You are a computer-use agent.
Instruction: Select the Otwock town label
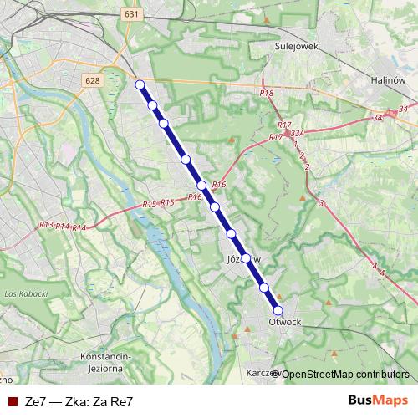pos(285,321)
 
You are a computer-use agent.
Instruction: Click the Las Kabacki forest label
pos(23,295)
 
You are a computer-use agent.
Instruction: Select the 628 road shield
pos(93,79)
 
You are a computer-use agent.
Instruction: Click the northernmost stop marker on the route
pos(140,84)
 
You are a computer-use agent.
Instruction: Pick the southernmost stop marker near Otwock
pos(278,310)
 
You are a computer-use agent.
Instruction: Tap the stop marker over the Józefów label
pos(247,257)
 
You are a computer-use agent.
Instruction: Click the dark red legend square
pos(10,400)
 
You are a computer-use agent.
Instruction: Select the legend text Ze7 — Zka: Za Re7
pos(79,400)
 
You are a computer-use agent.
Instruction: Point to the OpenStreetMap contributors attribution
pos(344,374)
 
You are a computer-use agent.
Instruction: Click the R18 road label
pos(267,94)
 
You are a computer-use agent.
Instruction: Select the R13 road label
pos(46,225)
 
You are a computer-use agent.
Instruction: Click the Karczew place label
pos(258,373)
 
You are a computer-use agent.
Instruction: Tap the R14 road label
pos(79,227)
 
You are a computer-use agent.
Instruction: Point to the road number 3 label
pos(321,203)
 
